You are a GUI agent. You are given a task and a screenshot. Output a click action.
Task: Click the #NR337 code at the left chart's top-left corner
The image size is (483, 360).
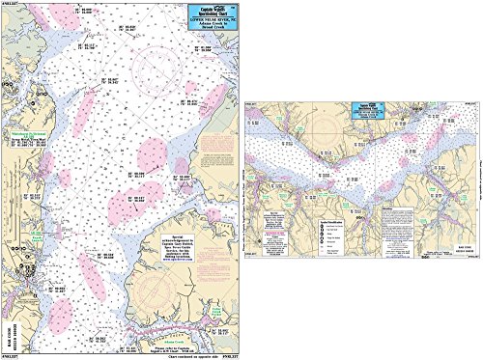[x=10, y=4]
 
